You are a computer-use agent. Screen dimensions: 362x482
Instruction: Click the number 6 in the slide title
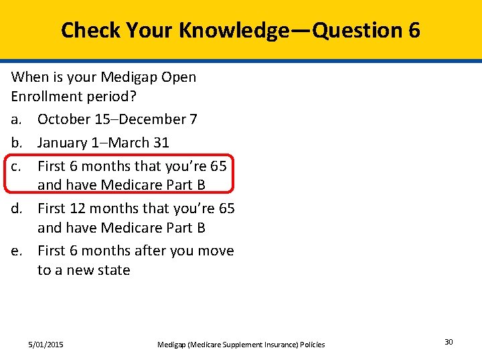(412, 30)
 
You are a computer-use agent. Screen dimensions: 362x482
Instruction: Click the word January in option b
(63, 143)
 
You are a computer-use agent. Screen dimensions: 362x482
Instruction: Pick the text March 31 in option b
(141, 143)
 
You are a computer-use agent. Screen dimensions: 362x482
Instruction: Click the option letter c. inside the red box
(17, 166)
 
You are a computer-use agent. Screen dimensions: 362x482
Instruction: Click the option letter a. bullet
(17, 119)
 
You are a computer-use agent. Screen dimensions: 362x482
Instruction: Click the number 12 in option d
(76, 208)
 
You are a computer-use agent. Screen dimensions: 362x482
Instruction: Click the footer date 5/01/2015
(46, 345)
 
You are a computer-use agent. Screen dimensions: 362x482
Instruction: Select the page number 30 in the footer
(449, 343)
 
